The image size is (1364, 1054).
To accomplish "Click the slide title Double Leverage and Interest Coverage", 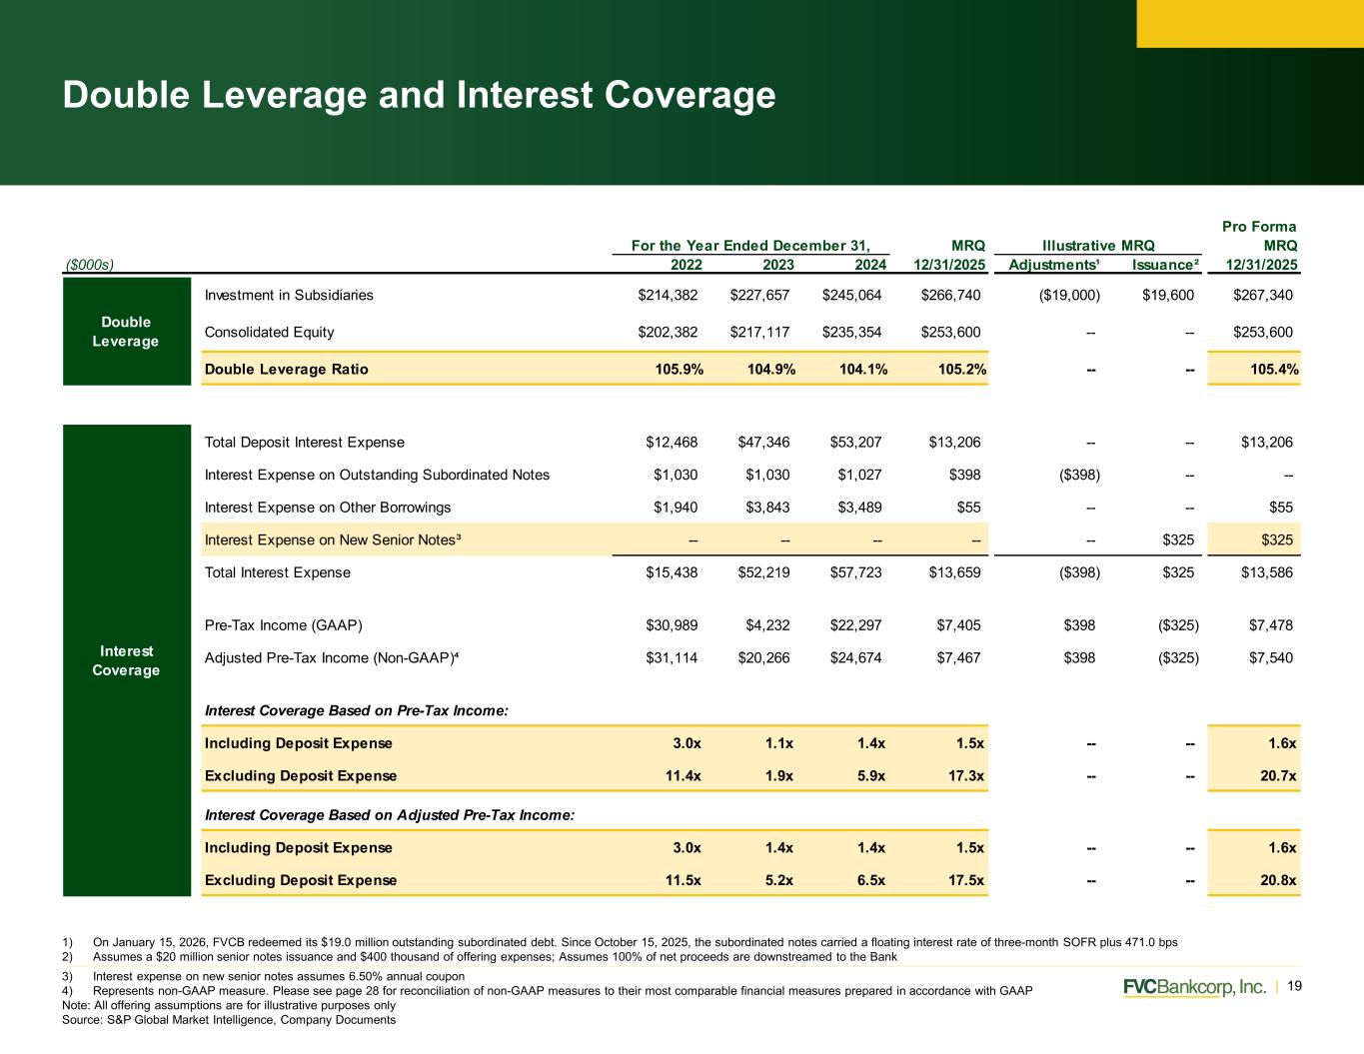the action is point(419,95).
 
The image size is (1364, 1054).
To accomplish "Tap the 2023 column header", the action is point(777,265).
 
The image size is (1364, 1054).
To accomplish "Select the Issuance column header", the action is point(1165,265).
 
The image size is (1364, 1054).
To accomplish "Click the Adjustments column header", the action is point(1054,265).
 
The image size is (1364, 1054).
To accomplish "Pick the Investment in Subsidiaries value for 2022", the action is point(668,295).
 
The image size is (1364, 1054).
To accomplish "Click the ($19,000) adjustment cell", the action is point(1069,295).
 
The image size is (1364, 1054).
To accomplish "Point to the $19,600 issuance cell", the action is point(1167,295).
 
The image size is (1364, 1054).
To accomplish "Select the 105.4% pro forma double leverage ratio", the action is point(1274,369).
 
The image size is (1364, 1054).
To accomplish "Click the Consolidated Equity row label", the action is point(269,332).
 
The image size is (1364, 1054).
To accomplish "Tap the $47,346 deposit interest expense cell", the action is point(763,443).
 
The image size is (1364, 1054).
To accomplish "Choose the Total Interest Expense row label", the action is point(278,572).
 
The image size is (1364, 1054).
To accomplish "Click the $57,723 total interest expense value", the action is point(855,572).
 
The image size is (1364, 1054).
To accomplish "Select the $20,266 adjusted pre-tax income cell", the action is point(763,657).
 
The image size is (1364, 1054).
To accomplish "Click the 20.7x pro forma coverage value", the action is point(1278,775).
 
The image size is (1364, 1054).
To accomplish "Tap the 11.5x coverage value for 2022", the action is point(682,880).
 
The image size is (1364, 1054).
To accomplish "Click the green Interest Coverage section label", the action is point(126,660).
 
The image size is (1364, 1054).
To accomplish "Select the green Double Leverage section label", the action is point(126,332).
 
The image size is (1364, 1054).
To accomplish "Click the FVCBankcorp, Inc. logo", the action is point(1194,987).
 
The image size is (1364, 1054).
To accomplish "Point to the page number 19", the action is point(1294,986).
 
